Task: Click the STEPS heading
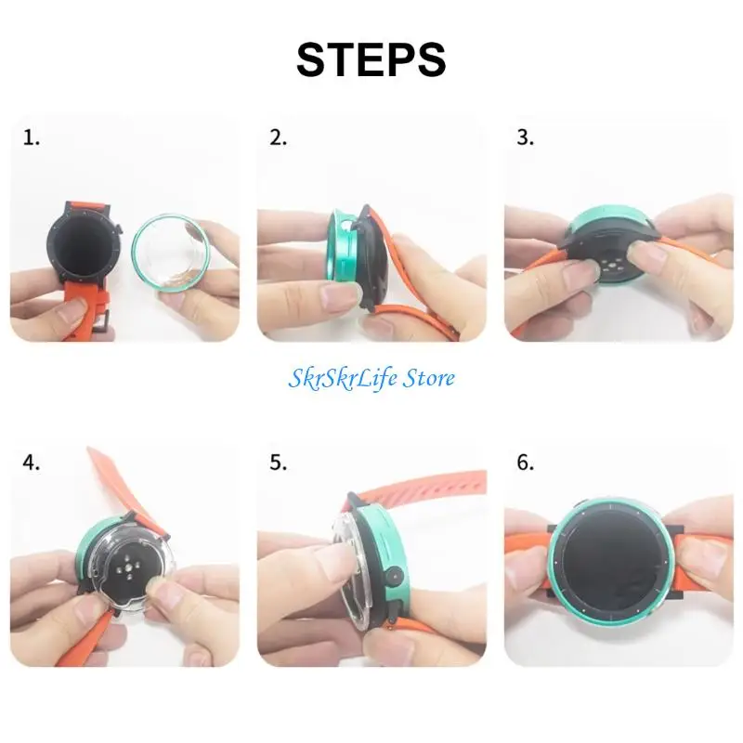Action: coord(371,59)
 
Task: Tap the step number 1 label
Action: coord(33,138)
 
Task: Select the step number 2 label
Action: coord(278,138)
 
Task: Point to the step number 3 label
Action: coord(526,138)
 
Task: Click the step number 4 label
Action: coord(33,463)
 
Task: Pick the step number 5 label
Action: coord(278,463)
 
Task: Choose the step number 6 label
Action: coord(526,463)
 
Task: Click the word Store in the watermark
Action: coord(424,378)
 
